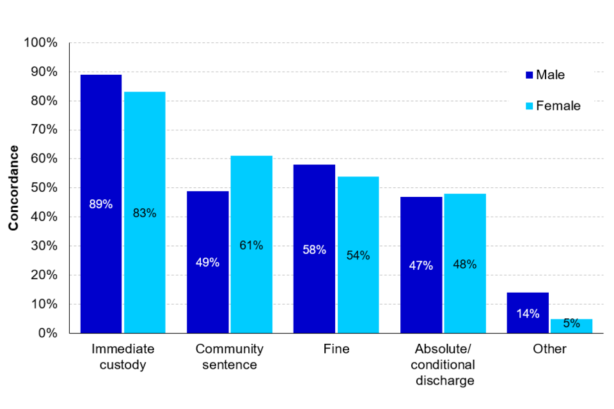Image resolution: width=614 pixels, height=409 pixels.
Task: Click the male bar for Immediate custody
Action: coord(100,204)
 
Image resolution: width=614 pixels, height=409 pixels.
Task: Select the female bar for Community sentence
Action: coord(251,244)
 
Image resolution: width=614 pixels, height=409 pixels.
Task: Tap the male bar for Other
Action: coord(528,313)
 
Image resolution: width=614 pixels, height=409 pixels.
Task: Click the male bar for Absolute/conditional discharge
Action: coord(421,265)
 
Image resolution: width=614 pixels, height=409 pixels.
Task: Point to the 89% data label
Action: coord(100,204)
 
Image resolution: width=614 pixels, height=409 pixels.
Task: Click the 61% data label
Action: coord(251,245)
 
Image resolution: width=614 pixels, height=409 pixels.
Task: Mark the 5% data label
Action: coord(571,323)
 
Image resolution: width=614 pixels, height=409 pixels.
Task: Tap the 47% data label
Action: coord(421,265)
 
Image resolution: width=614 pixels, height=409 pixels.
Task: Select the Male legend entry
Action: coord(544,75)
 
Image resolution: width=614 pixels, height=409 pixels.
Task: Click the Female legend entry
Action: coord(552,106)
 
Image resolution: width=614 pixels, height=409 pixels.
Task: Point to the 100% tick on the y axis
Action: coord(41,43)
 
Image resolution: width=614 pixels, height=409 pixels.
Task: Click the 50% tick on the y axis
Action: coord(43,188)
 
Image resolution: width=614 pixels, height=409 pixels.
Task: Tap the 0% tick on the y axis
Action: coord(47,334)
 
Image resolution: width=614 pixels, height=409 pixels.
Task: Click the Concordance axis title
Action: coord(13,188)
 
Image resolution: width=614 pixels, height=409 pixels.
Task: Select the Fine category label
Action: coord(336,350)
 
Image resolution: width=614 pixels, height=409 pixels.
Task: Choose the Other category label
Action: coord(549,350)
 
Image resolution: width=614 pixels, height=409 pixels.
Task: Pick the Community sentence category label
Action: coord(229,357)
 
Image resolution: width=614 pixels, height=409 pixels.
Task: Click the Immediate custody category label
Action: coord(122,357)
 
